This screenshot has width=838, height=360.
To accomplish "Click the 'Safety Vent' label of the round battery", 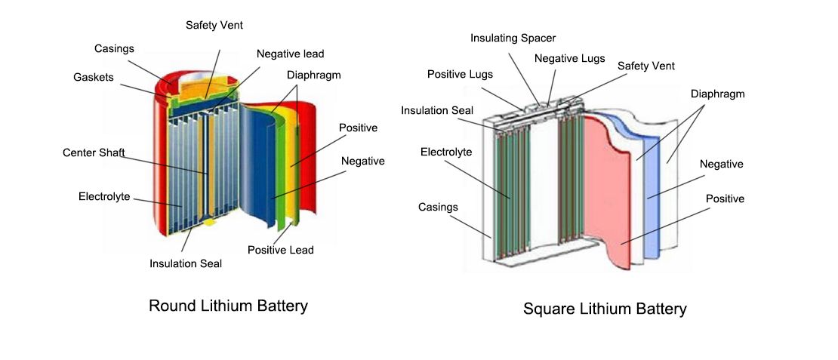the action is pyautogui.click(x=214, y=25).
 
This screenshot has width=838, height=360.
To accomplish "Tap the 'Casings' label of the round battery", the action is pyautogui.click(x=114, y=48).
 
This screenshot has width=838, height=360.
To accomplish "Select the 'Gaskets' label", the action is pyautogui.click(x=94, y=78).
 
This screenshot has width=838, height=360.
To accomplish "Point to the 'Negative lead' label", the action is pyautogui.click(x=290, y=54).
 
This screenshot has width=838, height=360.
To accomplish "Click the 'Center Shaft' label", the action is pyautogui.click(x=94, y=152).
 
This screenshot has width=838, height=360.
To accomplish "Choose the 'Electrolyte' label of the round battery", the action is pyautogui.click(x=104, y=196).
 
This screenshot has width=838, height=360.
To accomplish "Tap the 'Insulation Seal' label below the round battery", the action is pyautogui.click(x=186, y=263).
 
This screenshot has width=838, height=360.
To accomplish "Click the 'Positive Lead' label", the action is pyautogui.click(x=281, y=250).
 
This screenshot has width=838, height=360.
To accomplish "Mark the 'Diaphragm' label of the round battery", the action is pyautogui.click(x=314, y=75).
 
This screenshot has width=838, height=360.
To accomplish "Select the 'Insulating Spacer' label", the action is pyautogui.click(x=513, y=38).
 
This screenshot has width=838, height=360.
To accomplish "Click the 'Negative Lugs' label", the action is pyautogui.click(x=570, y=58).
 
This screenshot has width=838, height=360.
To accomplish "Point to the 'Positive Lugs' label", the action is pyautogui.click(x=461, y=74).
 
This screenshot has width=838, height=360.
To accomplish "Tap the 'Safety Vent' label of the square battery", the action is pyautogui.click(x=646, y=66).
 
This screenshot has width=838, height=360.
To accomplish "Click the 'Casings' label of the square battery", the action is pyautogui.click(x=438, y=207).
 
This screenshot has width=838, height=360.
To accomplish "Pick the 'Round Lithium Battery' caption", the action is pyautogui.click(x=228, y=306).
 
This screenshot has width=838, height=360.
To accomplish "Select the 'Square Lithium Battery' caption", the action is pyautogui.click(x=605, y=309).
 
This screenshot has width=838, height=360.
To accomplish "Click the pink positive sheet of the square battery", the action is pyautogui.click(x=609, y=192).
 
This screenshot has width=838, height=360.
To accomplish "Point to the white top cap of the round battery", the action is pyautogui.click(x=202, y=78).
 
